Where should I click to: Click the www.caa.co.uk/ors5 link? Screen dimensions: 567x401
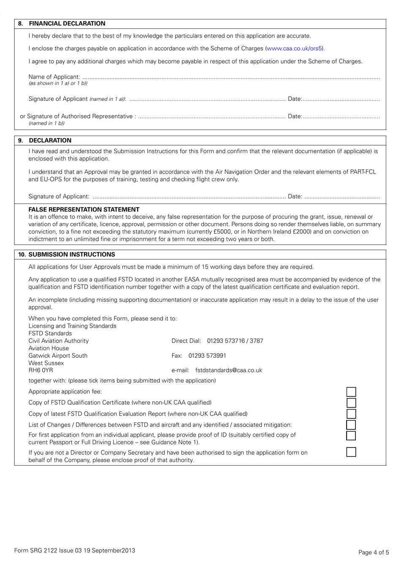point(295,49)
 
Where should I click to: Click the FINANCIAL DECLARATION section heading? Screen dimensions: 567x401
point(67,24)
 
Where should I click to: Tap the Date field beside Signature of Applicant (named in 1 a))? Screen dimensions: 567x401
point(341,100)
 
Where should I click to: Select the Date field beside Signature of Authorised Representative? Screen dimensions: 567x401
point(341,117)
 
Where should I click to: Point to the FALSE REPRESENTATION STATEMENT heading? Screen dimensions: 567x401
point(84,209)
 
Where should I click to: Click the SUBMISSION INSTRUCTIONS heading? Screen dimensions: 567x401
point(72,255)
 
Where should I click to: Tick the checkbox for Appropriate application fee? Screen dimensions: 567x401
point(351,392)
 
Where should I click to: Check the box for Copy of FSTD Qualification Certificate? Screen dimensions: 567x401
point(351,403)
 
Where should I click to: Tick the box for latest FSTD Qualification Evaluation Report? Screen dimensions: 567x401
point(351,414)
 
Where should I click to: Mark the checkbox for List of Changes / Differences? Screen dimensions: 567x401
point(351,425)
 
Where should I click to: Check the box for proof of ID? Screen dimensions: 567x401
point(351,435)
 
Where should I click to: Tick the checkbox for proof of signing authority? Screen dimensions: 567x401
point(351,452)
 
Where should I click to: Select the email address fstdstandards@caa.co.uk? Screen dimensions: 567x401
point(228,370)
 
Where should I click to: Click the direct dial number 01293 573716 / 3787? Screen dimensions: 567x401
point(235,341)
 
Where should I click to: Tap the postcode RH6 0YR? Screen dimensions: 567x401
point(41,370)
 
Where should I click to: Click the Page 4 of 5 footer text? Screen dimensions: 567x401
point(374,552)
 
